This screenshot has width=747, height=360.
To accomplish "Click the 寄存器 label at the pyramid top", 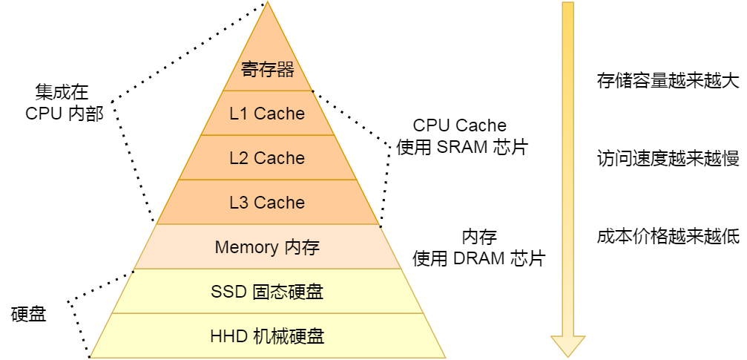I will (268, 70).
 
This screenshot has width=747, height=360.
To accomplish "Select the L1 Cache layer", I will (267, 114).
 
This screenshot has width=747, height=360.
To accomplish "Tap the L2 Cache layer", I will (267, 158).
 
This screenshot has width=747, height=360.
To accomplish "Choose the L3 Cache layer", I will (267, 203).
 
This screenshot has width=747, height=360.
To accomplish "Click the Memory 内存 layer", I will (267, 247).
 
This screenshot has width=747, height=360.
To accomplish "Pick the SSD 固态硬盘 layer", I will (267, 292).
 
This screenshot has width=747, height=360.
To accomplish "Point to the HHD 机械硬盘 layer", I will (267, 336).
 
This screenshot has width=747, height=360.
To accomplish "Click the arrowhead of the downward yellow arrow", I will (567, 345).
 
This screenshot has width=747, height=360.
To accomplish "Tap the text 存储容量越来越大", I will (668, 80).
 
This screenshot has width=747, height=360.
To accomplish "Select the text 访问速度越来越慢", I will (668, 158).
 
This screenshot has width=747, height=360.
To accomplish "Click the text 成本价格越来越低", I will (668, 237).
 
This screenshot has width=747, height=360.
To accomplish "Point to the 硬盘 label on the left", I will (29, 314).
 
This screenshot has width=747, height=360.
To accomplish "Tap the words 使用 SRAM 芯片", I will (461, 147).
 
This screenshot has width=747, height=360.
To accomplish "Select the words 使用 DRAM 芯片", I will (479, 259).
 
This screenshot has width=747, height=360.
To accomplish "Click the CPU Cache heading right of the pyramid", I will (460, 125).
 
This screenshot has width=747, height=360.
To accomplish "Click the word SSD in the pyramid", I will (228, 292).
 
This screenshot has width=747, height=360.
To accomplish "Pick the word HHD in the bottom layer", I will (227, 336).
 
